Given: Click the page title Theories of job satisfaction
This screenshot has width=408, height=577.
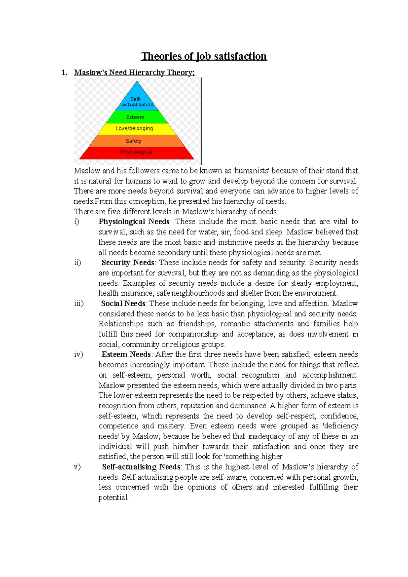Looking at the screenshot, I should pyautogui.click(x=204, y=56).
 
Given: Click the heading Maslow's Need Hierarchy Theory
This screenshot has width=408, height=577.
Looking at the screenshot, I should pyautogui.click(x=134, y=72).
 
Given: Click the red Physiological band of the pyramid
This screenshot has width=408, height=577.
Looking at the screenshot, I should pyautogui.click(x=137, y=152).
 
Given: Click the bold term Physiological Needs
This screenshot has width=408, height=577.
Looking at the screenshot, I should pyautogui.click(x=134, y=222).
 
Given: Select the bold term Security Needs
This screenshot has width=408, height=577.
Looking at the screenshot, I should pyautogui.click(x=128, y=263).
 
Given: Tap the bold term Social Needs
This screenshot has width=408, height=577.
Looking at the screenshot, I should pyautogui.click(x=123, y=303).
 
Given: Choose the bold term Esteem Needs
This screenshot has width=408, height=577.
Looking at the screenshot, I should pyautogui.click(x=126, y=355).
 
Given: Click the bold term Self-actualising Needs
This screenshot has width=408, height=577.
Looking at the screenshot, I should pyautogui.click(x=141, y=467).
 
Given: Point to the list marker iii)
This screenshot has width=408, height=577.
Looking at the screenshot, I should pyautogui.click(x=79, y=303).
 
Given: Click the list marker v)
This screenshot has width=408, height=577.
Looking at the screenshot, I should pyautogui.click(x=77, y=467).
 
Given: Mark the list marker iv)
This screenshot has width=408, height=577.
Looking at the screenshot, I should pyautogui.click(x=78, y=355).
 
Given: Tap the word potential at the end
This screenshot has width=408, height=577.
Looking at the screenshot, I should pyautogui.click(x=113, y=498).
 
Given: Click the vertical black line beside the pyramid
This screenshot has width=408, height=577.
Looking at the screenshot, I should pyautogui.click(x=201, y=121).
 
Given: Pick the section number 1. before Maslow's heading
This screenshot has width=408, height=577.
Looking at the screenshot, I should pyautogui.click(x=65, y=72).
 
